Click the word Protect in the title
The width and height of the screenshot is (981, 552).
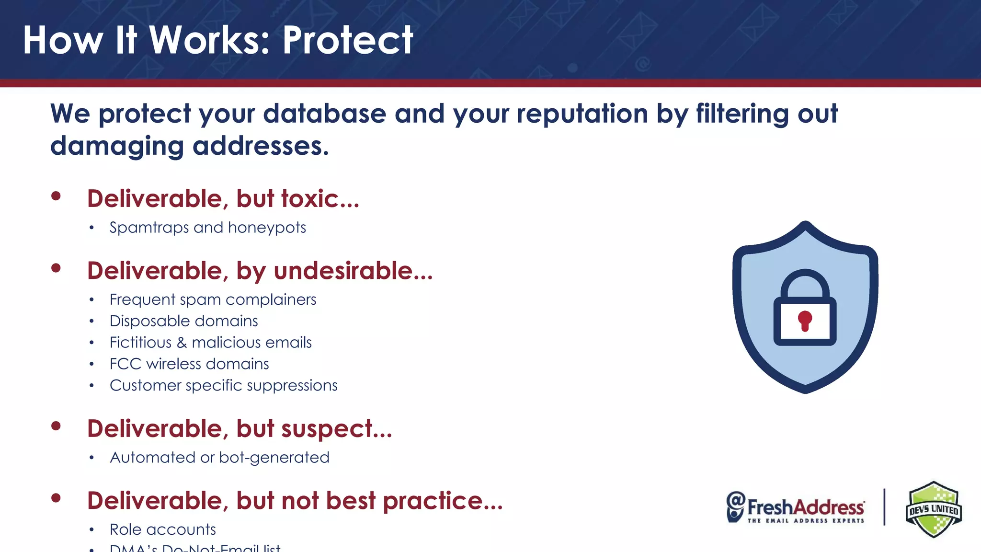click(347, 40)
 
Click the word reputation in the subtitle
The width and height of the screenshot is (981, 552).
click(582, 114)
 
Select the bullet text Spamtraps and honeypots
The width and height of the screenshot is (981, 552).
click(207, 227)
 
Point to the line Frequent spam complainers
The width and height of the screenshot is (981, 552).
click(213, 299)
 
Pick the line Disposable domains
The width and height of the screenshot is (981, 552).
click(183, 321)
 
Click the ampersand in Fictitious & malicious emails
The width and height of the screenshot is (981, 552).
click(182, 343)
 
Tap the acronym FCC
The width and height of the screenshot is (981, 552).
click(125, 364)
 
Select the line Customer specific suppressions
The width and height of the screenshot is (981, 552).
click(223, 386)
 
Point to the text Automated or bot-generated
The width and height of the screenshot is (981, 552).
click(219, 458)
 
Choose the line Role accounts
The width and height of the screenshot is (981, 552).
click(162, 529)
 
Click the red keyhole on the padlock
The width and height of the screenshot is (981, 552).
click(805, 320)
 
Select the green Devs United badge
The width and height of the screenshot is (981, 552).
click(933, 509)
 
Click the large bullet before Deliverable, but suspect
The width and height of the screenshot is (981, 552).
click(56, 426)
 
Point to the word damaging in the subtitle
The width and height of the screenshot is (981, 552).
click(117, 146)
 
